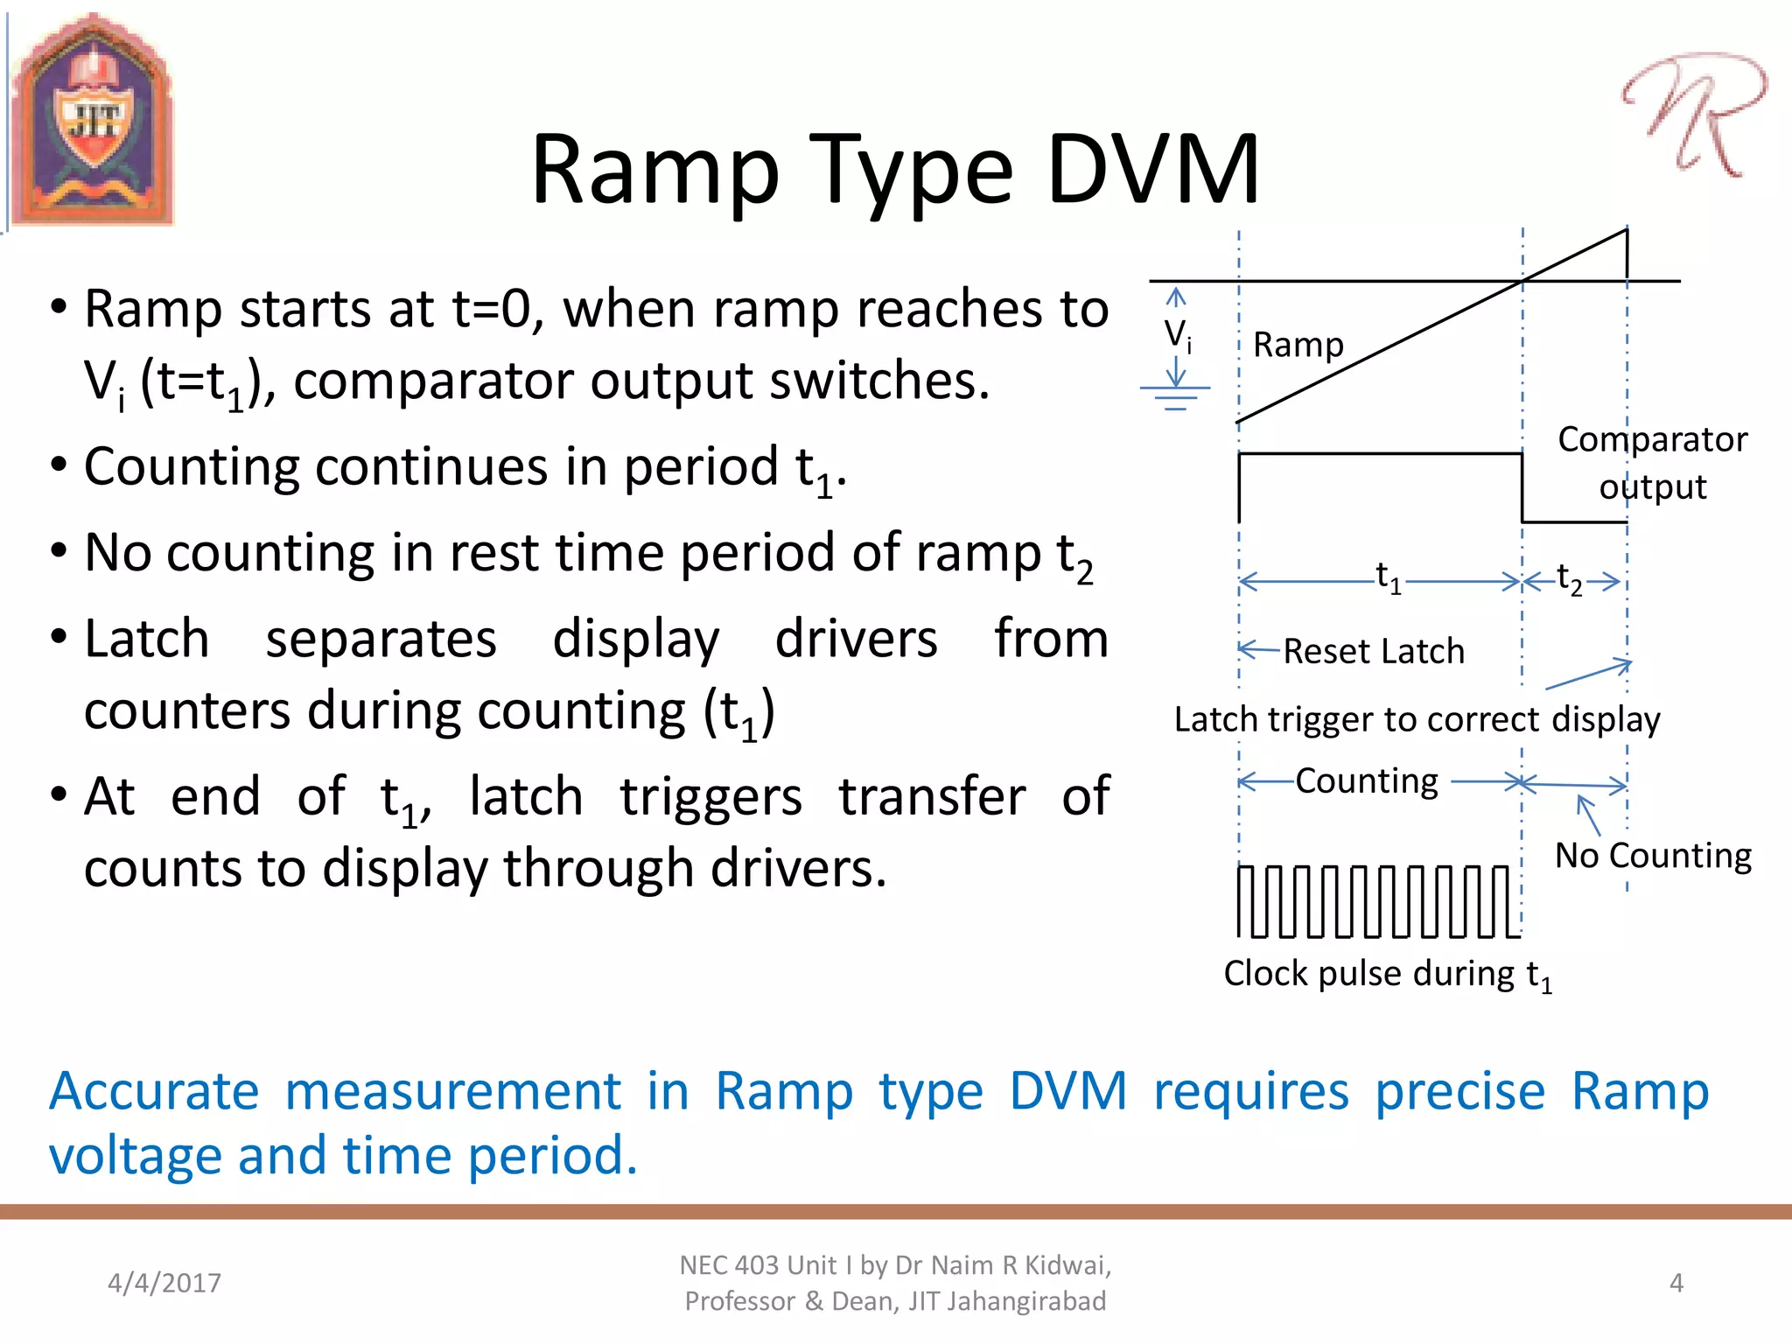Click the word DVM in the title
pyautogui.click(x=1152, y=170)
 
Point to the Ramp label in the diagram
pyautogui.click(x=1298, y=345)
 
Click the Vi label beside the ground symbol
pyautogui.click(x=1177, y=335)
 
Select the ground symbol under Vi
pyautogui.click(x=1175, y=397)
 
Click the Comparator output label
pyautogui.click(x=1652, y=462)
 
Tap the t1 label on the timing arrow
pyautogui.click(x=1388, y=577)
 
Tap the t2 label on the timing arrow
pyautogui.click(x=1570, y=579)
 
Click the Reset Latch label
pyautogui.click(x=1373, y=652)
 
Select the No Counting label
pyautogui.click(x=1653, y=856)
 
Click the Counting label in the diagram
pyautogui.click(x=1366, y=780)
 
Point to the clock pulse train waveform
pyautogui.click(x=1378, y=901)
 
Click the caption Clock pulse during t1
pyautogui.click(x=1388, y=974)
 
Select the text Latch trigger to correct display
pyautogui.click(x=1417, y=719)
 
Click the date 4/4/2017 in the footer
pyautogui.click(x=164, y=1283)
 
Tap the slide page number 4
pyautogui.click(x=1676, y=1283)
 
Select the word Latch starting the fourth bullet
pyautogui.click(x=146, y=639)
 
